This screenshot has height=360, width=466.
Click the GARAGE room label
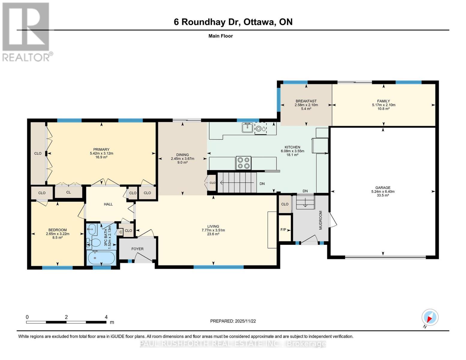(383, 188)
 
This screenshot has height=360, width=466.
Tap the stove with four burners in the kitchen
(244, 163)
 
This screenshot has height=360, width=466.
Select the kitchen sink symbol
(247, 128)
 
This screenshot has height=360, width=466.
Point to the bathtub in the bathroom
(101, 258)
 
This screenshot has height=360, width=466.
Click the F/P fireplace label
(283, 230)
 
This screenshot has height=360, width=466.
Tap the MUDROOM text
(320, 220)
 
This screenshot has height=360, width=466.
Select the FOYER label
(137, 249)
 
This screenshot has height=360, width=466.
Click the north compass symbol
(430, 317)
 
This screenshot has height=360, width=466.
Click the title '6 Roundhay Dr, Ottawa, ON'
(233, 22)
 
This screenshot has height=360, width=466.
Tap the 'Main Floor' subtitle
(221, 36)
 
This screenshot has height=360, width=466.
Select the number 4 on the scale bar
(106, 317)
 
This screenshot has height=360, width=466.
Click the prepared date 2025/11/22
(233, 321)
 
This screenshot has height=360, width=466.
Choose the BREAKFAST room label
(306, 101)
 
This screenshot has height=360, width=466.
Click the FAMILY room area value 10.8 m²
(383, 109)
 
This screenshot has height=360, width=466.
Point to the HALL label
(108, 204)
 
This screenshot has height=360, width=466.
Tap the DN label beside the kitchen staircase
(262, 184)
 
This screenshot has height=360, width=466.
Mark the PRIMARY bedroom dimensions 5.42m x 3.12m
(101, 153)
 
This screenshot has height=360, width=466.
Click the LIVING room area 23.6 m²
(213, 234)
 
